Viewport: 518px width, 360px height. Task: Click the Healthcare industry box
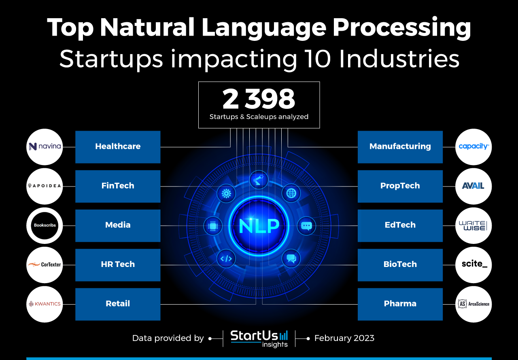tap(118, 147)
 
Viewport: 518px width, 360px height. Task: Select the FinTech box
tap(118, 186)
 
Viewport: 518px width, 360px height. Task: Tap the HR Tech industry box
tap(118, 265)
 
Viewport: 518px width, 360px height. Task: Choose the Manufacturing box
tap(400, 147)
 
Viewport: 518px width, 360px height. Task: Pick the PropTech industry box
tap(400, 186)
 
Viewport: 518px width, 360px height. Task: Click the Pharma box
tap(400, 304)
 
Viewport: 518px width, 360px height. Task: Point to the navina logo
tap(45, 147)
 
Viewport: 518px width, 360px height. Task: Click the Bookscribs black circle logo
tap(45, 226)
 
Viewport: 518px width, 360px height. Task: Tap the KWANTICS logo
tap(45, 304)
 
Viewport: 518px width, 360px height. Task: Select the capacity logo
tap(473, 147)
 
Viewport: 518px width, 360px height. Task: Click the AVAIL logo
tap(473, 186)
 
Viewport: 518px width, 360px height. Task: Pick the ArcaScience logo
tap(473, 304)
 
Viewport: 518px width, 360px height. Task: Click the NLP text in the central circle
tap(259, 226)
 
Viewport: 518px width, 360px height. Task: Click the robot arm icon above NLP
tap(259, 180)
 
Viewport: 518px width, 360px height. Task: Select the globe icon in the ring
tap(291, 193)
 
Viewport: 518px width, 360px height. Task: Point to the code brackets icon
tap(226, 258)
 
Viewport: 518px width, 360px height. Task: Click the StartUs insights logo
tap(259, 339)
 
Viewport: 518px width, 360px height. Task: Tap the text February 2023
tap(344, 338)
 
